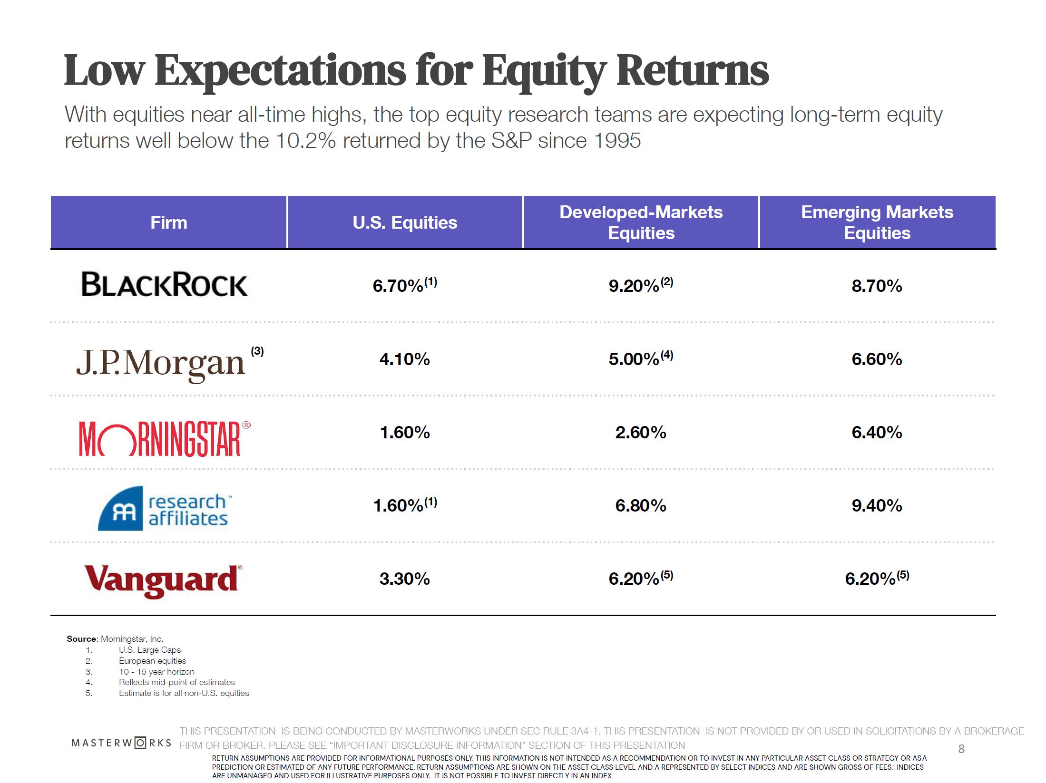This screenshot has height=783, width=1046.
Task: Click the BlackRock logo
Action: (164, 284)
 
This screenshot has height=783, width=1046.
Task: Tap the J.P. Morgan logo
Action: (161, 363)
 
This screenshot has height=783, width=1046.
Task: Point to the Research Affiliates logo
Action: (165, 509)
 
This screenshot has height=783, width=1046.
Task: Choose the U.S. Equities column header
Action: (405, 222)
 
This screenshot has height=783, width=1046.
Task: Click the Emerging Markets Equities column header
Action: (877, 222)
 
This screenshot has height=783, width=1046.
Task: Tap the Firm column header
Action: (169, 222)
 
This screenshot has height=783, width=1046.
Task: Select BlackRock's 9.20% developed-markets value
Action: (634, 286)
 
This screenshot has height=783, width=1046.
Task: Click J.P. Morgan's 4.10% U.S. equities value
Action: (404, 359)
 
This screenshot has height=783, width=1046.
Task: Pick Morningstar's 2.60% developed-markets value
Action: (640, 432)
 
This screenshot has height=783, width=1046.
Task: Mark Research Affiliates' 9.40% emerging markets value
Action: (877, 505)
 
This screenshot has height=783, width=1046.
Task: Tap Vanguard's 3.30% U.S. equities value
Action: (404, 579)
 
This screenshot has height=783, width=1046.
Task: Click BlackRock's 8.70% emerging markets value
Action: (877, 286)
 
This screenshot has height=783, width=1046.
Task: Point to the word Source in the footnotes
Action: (82, 639)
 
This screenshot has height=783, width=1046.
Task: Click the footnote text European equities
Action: (152, 661)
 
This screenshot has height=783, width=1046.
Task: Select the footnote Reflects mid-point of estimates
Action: (176, 682)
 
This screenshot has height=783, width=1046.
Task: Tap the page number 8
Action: (961, 749)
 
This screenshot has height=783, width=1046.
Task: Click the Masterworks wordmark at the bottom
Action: (121, 743)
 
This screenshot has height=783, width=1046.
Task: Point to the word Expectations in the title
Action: (281, 71)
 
